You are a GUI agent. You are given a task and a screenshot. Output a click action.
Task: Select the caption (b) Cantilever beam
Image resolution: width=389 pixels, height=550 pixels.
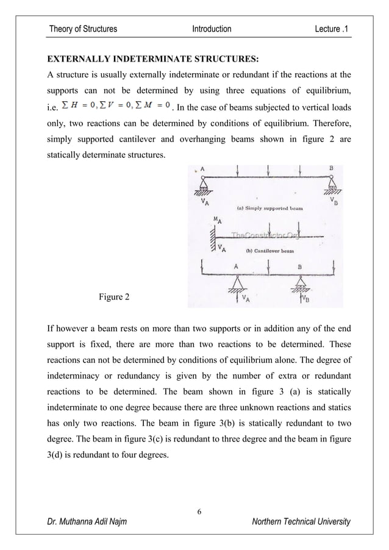[269, 251]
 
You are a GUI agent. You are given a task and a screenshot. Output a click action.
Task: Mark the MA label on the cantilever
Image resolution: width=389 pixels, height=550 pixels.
[216, 221]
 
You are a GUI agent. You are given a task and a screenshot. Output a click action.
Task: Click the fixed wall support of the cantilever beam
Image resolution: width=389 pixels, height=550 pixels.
[213, 237]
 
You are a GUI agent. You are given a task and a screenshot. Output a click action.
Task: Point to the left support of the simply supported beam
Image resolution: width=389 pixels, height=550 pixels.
[202, 185]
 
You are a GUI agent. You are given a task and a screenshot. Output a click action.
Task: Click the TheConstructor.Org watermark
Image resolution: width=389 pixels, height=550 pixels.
[263, 235]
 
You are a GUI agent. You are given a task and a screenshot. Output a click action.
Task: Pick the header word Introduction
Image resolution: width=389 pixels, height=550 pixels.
[212, 29]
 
